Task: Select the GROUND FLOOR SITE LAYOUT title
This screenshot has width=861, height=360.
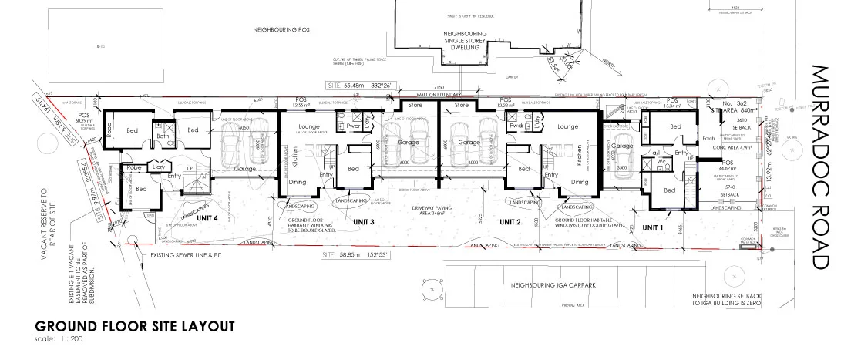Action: pos(134,326)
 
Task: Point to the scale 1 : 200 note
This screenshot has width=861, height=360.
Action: pos(59,339)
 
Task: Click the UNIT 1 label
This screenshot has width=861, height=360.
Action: pos(652,227)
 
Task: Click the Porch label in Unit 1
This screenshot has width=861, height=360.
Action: pos(708,140)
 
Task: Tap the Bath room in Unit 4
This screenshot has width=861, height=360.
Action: pos(163,136)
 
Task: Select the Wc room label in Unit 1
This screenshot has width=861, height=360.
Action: pos(661,153)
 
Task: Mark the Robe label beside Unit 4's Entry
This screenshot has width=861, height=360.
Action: pos(133,167)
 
